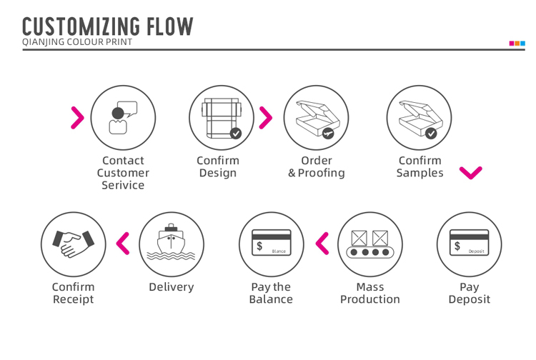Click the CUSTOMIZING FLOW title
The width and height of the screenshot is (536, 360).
point(107,26)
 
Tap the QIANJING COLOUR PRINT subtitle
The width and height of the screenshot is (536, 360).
point(77,42)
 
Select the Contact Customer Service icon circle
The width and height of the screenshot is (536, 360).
point(124,117)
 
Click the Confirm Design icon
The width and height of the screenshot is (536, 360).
point(222,117)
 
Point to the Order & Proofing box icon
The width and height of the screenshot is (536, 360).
point(317,117)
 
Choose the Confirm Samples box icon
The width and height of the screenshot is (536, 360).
point(419,117)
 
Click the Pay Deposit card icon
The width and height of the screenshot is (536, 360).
point(469,244)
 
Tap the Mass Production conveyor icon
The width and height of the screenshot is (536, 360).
point(369,244)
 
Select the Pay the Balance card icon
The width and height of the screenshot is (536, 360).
point(272,244)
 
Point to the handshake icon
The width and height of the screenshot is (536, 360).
point(73,244)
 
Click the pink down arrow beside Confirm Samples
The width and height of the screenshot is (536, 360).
point(471,173)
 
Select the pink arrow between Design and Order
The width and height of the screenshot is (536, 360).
point(265,117)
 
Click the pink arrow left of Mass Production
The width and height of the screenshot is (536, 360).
point(322,244)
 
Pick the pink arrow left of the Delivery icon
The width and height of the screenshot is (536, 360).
point(123,244)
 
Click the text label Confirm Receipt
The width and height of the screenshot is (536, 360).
point(73,293)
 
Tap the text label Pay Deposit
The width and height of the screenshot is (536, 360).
point(469,293)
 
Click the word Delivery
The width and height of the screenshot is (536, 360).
point(171,287)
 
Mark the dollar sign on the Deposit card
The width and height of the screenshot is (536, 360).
point(457,246)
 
